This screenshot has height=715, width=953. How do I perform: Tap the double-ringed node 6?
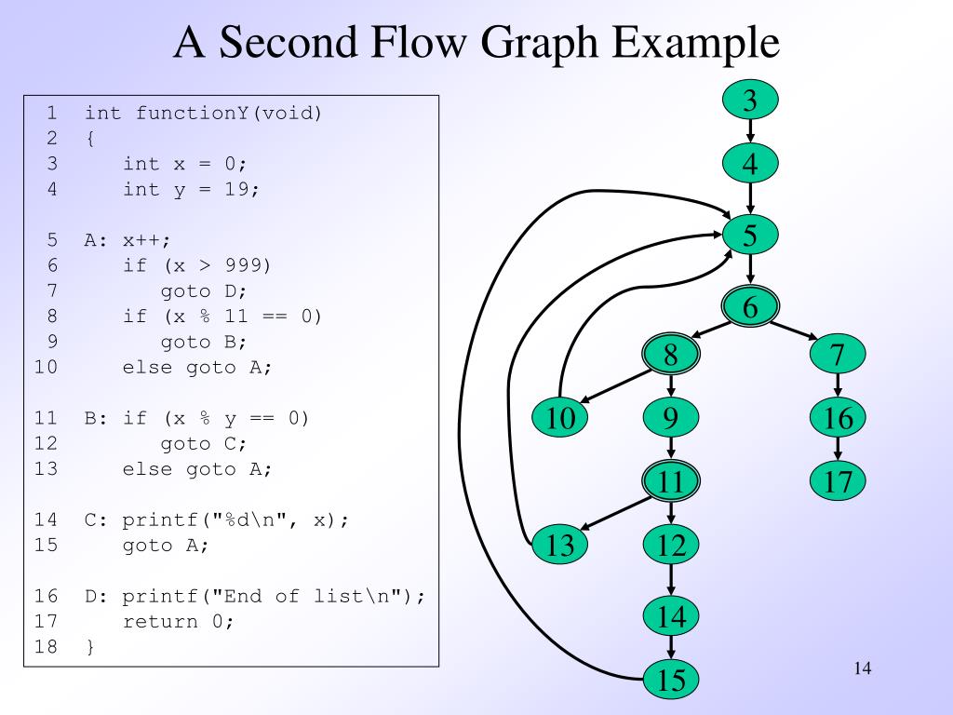750,306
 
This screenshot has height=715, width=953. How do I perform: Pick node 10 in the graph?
560,419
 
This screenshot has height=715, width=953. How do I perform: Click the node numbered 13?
560,545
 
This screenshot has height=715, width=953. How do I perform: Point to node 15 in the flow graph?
671,681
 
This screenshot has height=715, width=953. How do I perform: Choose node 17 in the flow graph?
838,481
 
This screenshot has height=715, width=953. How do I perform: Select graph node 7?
838,355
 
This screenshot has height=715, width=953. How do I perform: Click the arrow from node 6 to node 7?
794,330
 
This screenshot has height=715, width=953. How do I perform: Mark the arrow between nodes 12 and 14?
671,580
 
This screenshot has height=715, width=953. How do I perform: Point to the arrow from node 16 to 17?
838,451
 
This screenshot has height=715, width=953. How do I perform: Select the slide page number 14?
861,668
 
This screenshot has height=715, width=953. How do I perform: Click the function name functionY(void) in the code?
228,114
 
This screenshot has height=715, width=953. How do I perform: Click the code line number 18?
46,646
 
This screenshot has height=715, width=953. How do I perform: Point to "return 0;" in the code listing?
178,621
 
